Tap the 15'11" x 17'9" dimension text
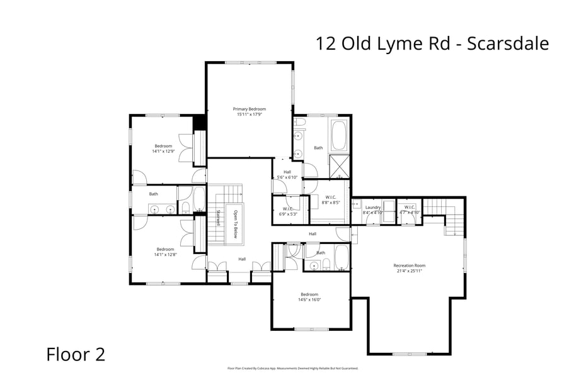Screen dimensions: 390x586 [x=250, y=114]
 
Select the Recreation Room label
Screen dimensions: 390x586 [x=410, y=265]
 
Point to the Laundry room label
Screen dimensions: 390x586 [x=372, y=207]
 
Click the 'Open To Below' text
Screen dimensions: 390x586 [x=235, y=225]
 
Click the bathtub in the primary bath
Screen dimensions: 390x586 [x=339, y=135]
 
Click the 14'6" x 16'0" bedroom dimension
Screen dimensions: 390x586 [x=310, y=300]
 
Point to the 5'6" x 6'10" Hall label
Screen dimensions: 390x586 [x=287, y=177]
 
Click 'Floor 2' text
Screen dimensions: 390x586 [x=76, y=354]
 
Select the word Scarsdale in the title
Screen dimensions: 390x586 [x=508, y=43]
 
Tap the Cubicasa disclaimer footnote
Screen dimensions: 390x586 [x=292, y=369]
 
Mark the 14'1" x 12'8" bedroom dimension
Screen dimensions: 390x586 [x=164, y=254]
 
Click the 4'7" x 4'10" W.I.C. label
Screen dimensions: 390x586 [x=410, y=213]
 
